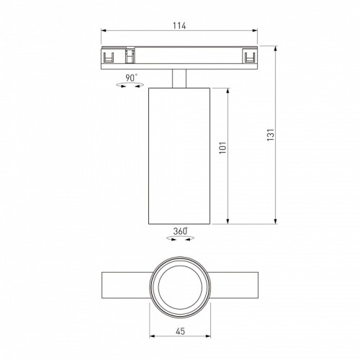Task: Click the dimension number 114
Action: (179, 27)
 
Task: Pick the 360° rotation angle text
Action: (179, 231)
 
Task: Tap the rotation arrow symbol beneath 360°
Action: (179, 240)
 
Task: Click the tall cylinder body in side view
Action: (179, 155)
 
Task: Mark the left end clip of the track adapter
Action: (109, 56)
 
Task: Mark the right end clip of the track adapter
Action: (249, 56)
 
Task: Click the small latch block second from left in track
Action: (130, 55)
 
